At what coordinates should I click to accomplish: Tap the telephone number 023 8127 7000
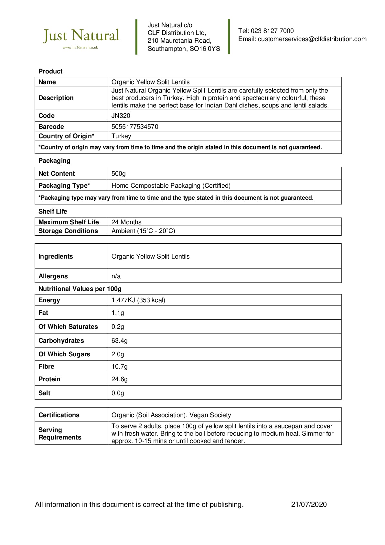[x=272, y=31]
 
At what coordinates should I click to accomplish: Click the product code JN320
[x=121, y=116]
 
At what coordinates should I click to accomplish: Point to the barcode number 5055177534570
[x=135, y=127]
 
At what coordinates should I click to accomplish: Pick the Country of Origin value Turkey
[x=121, y=136]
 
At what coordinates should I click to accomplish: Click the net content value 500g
[x=119, y=174]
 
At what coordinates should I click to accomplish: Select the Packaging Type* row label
[x=64, y=186]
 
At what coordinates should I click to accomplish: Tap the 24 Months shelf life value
[x=126, y=222]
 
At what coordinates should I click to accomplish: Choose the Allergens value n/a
[x=116, y=276]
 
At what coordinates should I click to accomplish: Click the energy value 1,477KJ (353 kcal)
[x=138, y=300]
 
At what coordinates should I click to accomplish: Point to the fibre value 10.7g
[x=120, y=366]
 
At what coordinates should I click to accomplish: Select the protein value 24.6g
[x=120, y=379]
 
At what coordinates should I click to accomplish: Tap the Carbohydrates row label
[x=61, y=340]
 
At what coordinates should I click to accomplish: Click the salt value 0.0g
[x=118, y=393]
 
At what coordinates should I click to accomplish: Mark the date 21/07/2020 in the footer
[x=309, y=504]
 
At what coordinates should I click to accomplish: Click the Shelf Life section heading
[x=53, y=211]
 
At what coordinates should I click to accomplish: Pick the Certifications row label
[x=59, y=415]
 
